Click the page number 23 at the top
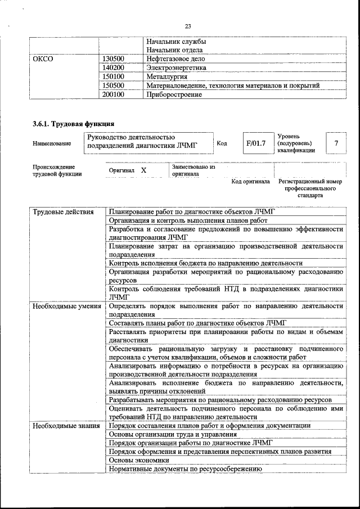coord(188,26)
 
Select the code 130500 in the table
coord(114,58)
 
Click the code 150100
coord(114,76)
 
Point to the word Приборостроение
coord(174,94)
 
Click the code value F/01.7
coord(255,143)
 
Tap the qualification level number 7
coord(336,143)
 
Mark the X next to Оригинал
coord(144,170)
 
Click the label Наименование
coord(52,144)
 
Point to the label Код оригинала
coord(251,182)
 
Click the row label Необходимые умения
coord(66,307)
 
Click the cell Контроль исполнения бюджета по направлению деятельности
coord(206,263)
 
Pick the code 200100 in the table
coord(114,94)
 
